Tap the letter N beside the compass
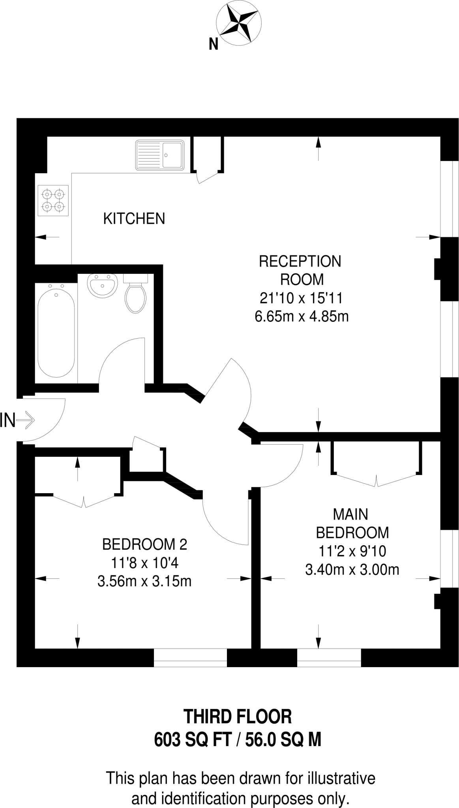tap(213, 45)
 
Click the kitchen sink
tap(160, 155)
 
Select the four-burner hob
tap(53, 200)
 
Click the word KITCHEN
tap(134, 219)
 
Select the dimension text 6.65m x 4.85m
tap(302, 316)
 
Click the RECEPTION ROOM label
tap(300, 270)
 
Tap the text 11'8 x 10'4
tap(144, 563)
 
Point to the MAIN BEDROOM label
tap(352, 523)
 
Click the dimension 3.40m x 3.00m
tap(352, 570)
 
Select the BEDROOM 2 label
tap(144, 545)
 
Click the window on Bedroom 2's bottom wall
tap(190, 658)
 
